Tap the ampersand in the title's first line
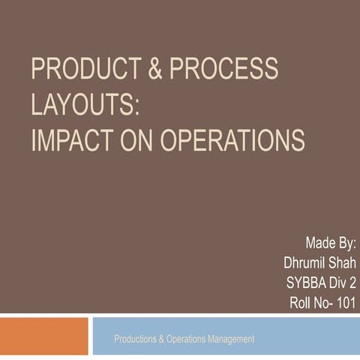(153, 69)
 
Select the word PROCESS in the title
(223, 69)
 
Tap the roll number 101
(346, 304)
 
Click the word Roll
(302, 304)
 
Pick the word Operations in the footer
(184, 340)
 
